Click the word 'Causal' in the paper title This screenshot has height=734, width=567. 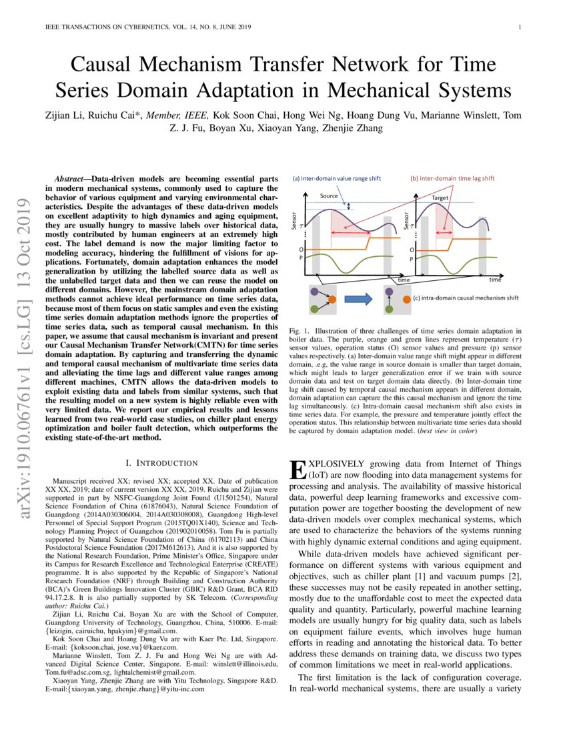[x=105, y=65]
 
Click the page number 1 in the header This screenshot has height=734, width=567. [x=519, y=27]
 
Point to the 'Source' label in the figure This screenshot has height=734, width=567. [x=329, y=196]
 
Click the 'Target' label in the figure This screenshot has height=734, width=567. [x=440, y=198]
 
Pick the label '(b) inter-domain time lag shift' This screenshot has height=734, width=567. [x=452, y=178]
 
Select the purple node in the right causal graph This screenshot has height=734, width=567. [x=389, y=292]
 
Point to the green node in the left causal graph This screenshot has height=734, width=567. [x=314, y=308]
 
